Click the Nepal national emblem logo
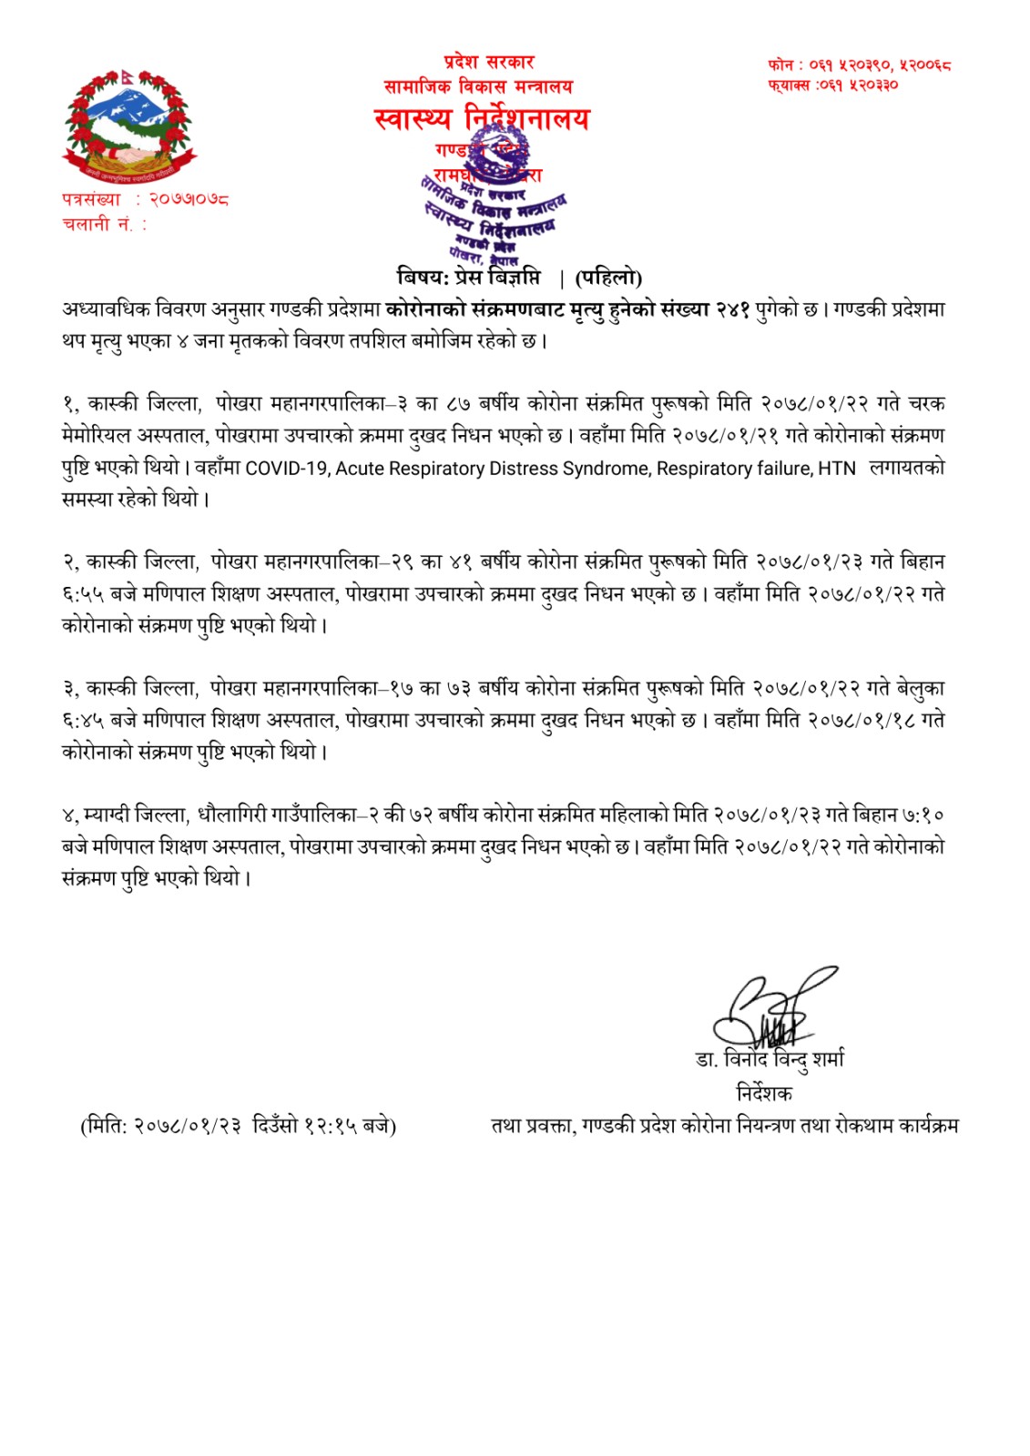[129, 124]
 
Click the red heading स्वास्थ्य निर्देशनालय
[482, 119]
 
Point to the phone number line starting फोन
[859, 65]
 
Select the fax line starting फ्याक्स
[832, 85]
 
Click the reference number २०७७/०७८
[189, 198]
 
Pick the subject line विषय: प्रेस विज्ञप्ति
[469, 277]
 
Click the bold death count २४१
[732, 309]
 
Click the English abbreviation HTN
[837, 469]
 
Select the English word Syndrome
[604, 469]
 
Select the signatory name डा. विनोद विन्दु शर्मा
[770, 1060]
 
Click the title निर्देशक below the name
[764, 1093]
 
